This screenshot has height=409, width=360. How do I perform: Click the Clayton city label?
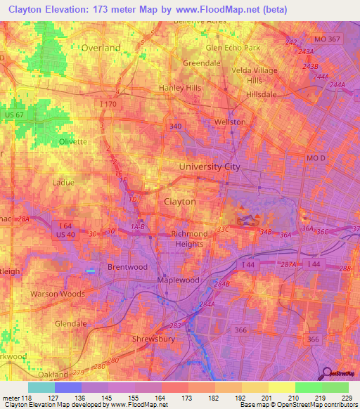179,201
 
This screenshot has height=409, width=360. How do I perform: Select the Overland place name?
101,48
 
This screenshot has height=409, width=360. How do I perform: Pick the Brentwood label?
127,267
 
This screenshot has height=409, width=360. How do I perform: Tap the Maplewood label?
179,280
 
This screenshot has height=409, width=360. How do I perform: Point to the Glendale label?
70,324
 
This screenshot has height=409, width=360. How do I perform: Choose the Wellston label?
229,122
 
